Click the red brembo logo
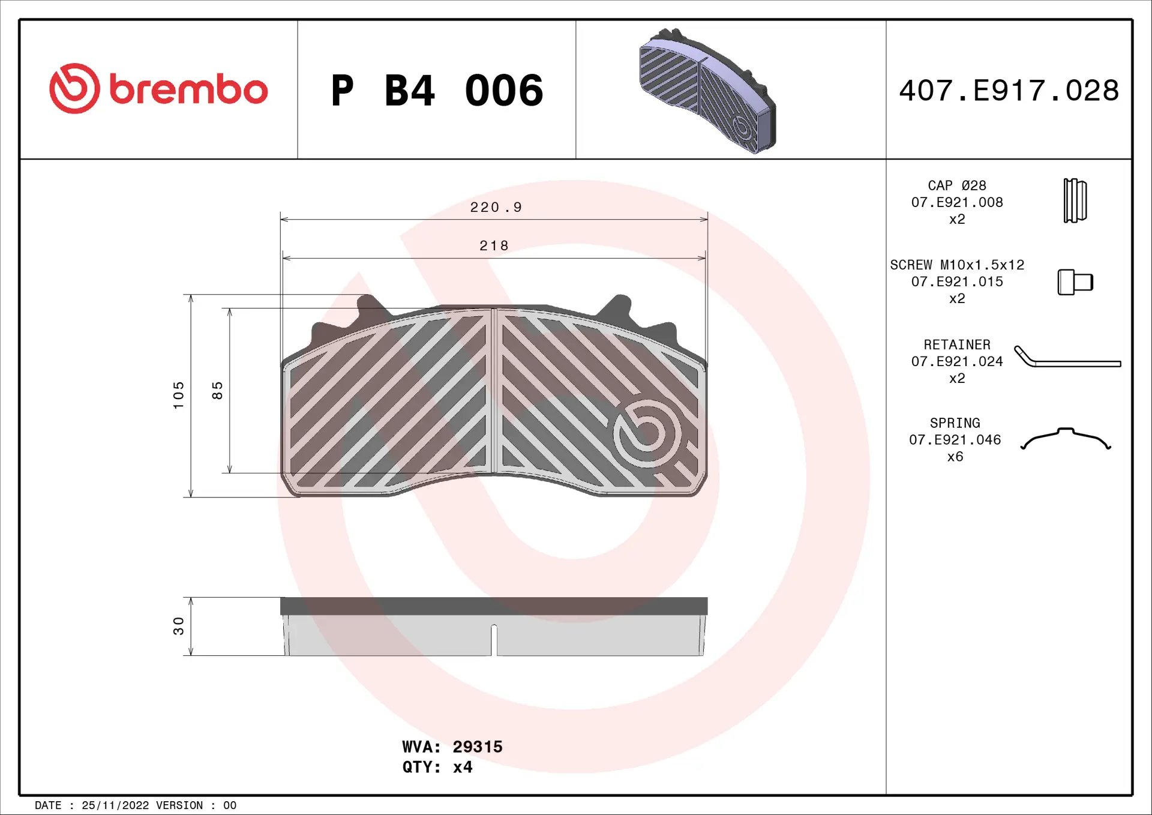pyautogui.click(x=158, y=89)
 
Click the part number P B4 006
pyautogui.click(x=437, y=91)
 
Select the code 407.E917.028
pyautogui.click(x=1009, y=91)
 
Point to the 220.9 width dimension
pyautogui.click(x=496, y=208)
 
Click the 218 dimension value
pyautogui.click(x=494, y=246)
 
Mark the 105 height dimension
pyautogui.click(x=179, y=395)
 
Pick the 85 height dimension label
pyautogui.click(x=217, y=391)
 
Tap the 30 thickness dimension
pyautogui.click(x=179, y=626)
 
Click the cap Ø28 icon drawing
pyautogui.click(x=1075, y=200)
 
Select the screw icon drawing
pyautogui.click(x=1075, y=282)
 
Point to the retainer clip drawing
pyautogui.click(x=1066, y=358)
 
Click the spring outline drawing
pyautogui.click(x=1066, y=439)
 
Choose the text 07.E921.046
pyautogui.click(x=955, y=440)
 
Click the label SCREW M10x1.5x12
pyautogui.click(x=957, y=265)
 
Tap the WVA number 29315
pyautogui.click(x=477, y=747)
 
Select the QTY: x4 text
pyautogui.click(x=437, y=767)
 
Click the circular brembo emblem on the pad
pyautogui.click(x=647, y=433)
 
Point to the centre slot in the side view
pyautogui.click(x=494, y=640)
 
